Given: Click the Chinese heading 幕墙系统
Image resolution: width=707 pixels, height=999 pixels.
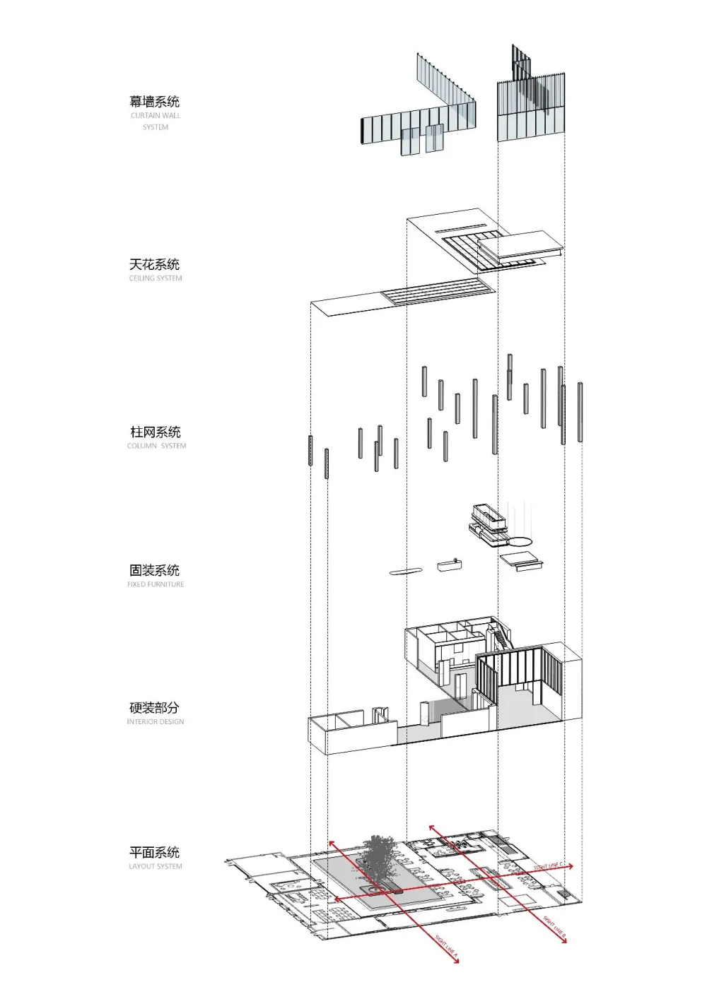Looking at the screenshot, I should pos(154,102).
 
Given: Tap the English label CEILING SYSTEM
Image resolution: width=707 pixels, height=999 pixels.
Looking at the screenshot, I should pos(156,278).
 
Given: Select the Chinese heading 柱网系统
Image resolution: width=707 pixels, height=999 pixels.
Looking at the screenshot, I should pos(156,432).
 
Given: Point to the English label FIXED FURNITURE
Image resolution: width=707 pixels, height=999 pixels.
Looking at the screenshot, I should pos(156,584).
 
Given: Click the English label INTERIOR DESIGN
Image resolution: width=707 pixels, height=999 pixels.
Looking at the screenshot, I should pos(156,722).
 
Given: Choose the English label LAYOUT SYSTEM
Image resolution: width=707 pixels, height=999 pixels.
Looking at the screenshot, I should pos(156,866).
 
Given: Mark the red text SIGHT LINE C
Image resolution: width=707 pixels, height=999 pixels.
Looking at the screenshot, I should pos(549,865).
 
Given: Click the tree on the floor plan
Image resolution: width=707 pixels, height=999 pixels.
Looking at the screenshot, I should pos(382,858).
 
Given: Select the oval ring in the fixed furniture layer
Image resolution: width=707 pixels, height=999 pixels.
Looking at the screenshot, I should pos(521,541).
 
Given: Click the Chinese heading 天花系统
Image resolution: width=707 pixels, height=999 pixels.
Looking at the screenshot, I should pos(154,264).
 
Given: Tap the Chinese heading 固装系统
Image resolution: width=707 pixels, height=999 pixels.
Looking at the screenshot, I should pos(154,570).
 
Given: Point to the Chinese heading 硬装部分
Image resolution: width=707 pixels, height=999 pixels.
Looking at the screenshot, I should pos(154,707).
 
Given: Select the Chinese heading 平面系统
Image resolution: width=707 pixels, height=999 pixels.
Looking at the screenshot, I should pos(154,852).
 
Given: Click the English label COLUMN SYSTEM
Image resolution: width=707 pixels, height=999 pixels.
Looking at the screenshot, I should pos(157,446).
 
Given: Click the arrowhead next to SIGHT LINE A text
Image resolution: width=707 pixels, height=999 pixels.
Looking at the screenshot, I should pos(457,962).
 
